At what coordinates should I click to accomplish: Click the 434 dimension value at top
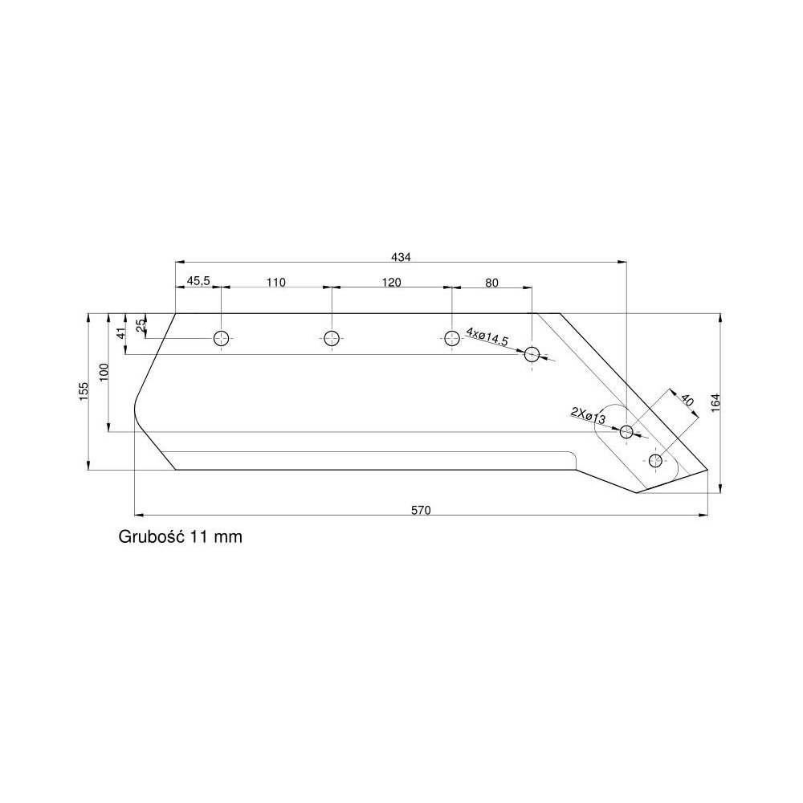pyautogui.click(x=401, y=257)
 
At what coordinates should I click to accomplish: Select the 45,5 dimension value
pyautogui.click(x=198, y=281)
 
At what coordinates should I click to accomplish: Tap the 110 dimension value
pyautogui.click(x=275, y=282)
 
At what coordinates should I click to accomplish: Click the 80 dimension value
pyautogui.click(x=491, y=282)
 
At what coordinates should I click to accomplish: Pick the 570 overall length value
pyautogui.click(x=422, y=509)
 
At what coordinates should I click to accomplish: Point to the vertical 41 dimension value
pyautogui.click(x=121, y=334)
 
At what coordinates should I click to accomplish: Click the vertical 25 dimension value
pyautogui.click(x=141, y=325)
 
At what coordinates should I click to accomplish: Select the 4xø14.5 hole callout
pyautogui.click(x=487, y=336)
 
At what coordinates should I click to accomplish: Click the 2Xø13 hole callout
pyautogui.click(x=588, y=415)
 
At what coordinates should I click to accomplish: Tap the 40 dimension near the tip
pyautogui.click(x=687, y=401)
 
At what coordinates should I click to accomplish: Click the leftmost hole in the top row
pyautogui.click(x=222, y=338)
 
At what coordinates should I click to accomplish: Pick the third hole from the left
pyautogui.click(x=452, y=338)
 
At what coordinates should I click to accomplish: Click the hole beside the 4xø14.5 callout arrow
pyautogui.click(x=532, y=354)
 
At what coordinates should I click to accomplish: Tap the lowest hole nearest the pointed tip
pyautogui.click(x=656, y=460)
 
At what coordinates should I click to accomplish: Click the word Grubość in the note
pyautogui.click(x=152, y=536)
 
